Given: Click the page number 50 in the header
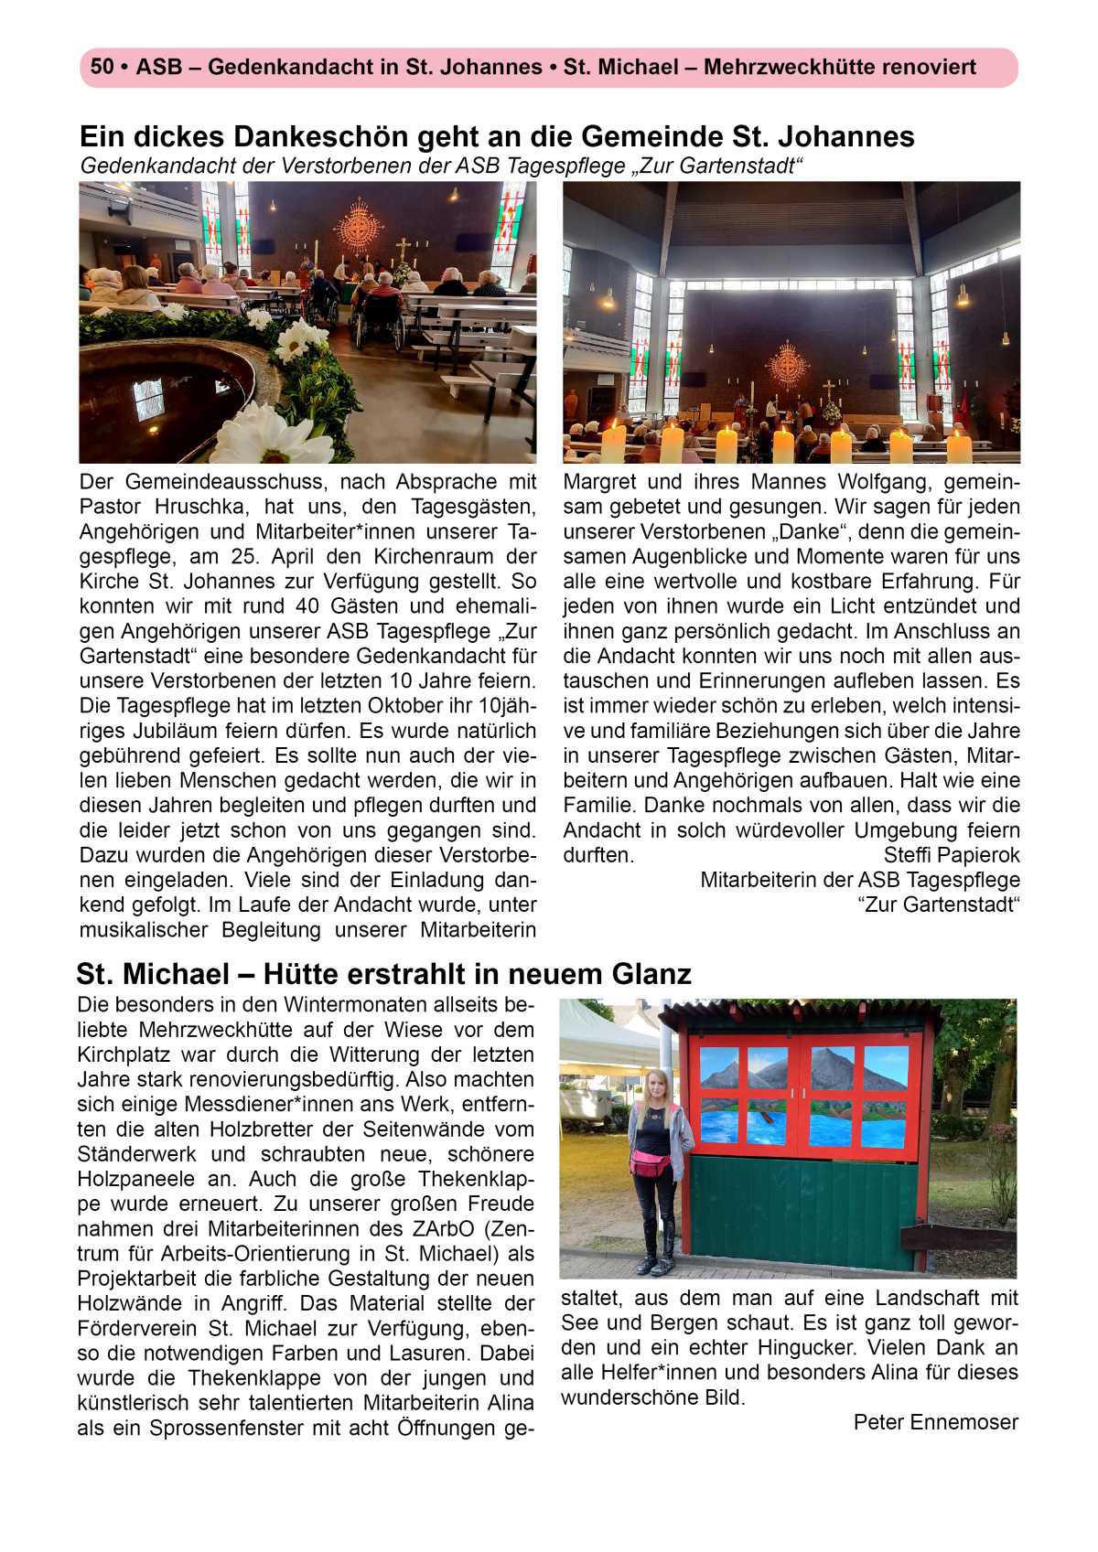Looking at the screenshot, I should [x=101, y=67].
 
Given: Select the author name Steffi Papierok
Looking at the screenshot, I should [x=952, y=855].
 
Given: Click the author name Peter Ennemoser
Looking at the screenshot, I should [x=935, y=1422].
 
